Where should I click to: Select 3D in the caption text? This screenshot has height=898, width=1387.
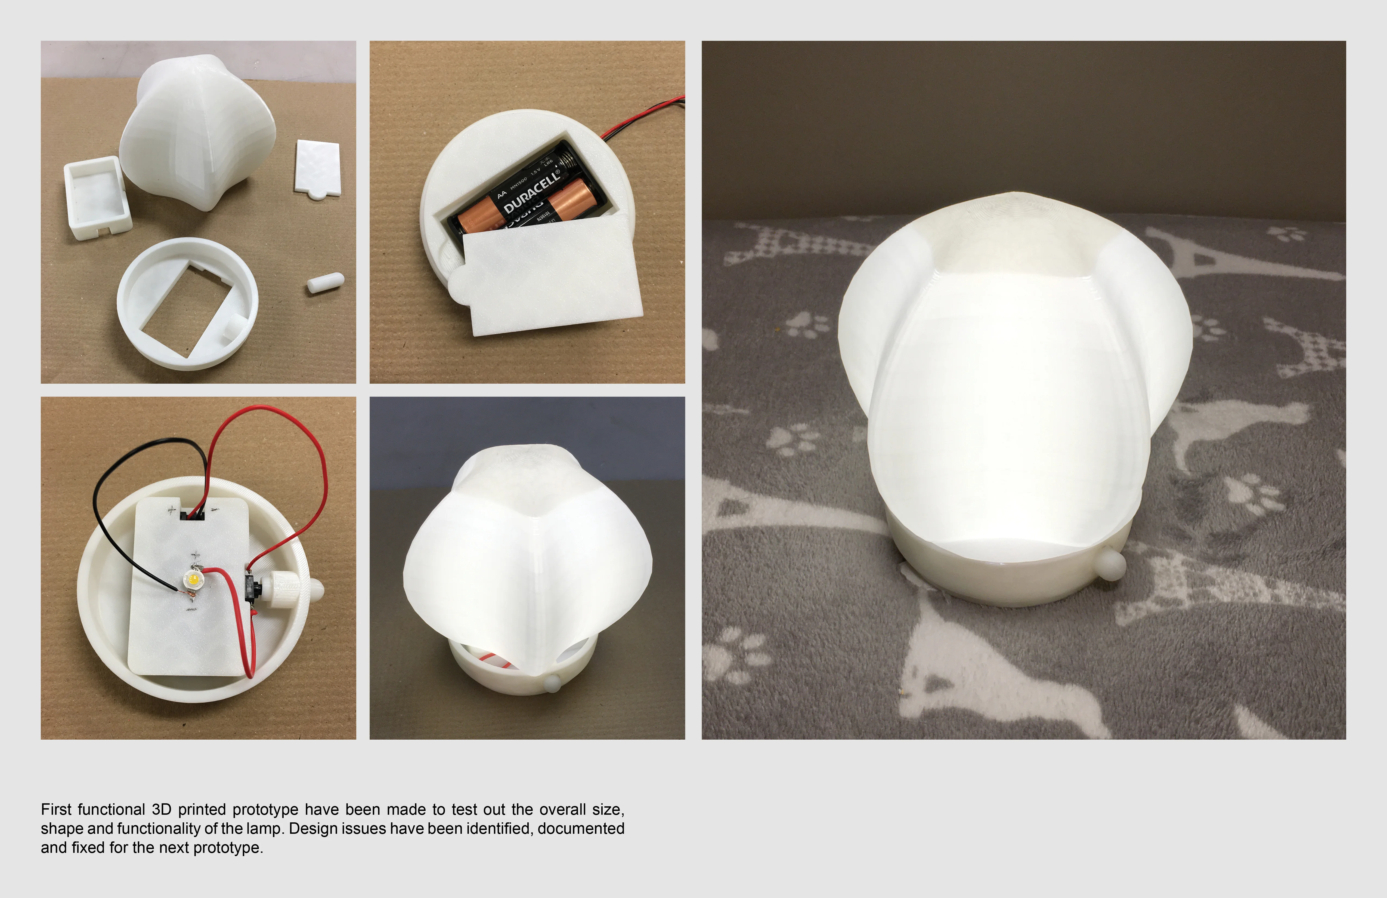tap(162, 809)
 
